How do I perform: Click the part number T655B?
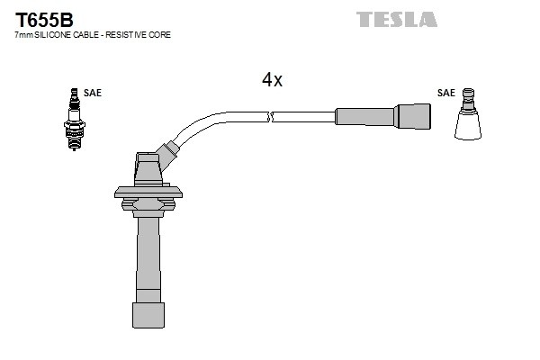click(x=44, y=20)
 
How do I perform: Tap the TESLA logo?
click(x=396, y=19)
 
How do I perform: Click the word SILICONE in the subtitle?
click(x=53, y=35)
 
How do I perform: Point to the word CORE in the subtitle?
click(x=160, y=35)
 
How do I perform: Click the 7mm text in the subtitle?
click(x=23, y=35)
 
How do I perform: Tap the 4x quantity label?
click(x=272, y=80)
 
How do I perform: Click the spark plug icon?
click(x=74, y=119)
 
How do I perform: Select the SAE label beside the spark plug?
click(x=93, y=93)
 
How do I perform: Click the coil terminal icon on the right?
click(x=468, y=114)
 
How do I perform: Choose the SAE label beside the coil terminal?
click(x=446, y=93)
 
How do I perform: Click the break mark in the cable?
click(x=270, y=117)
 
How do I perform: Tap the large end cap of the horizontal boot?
click(x=412, y=116)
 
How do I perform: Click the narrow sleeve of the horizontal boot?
click(x=365, y=116)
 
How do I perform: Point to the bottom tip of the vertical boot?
click(x=148, y=328)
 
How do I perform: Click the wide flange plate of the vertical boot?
click(x=148, y=193)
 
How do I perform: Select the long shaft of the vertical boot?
click(x=148, y=258)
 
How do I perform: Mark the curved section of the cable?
click(x=200, y=121)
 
